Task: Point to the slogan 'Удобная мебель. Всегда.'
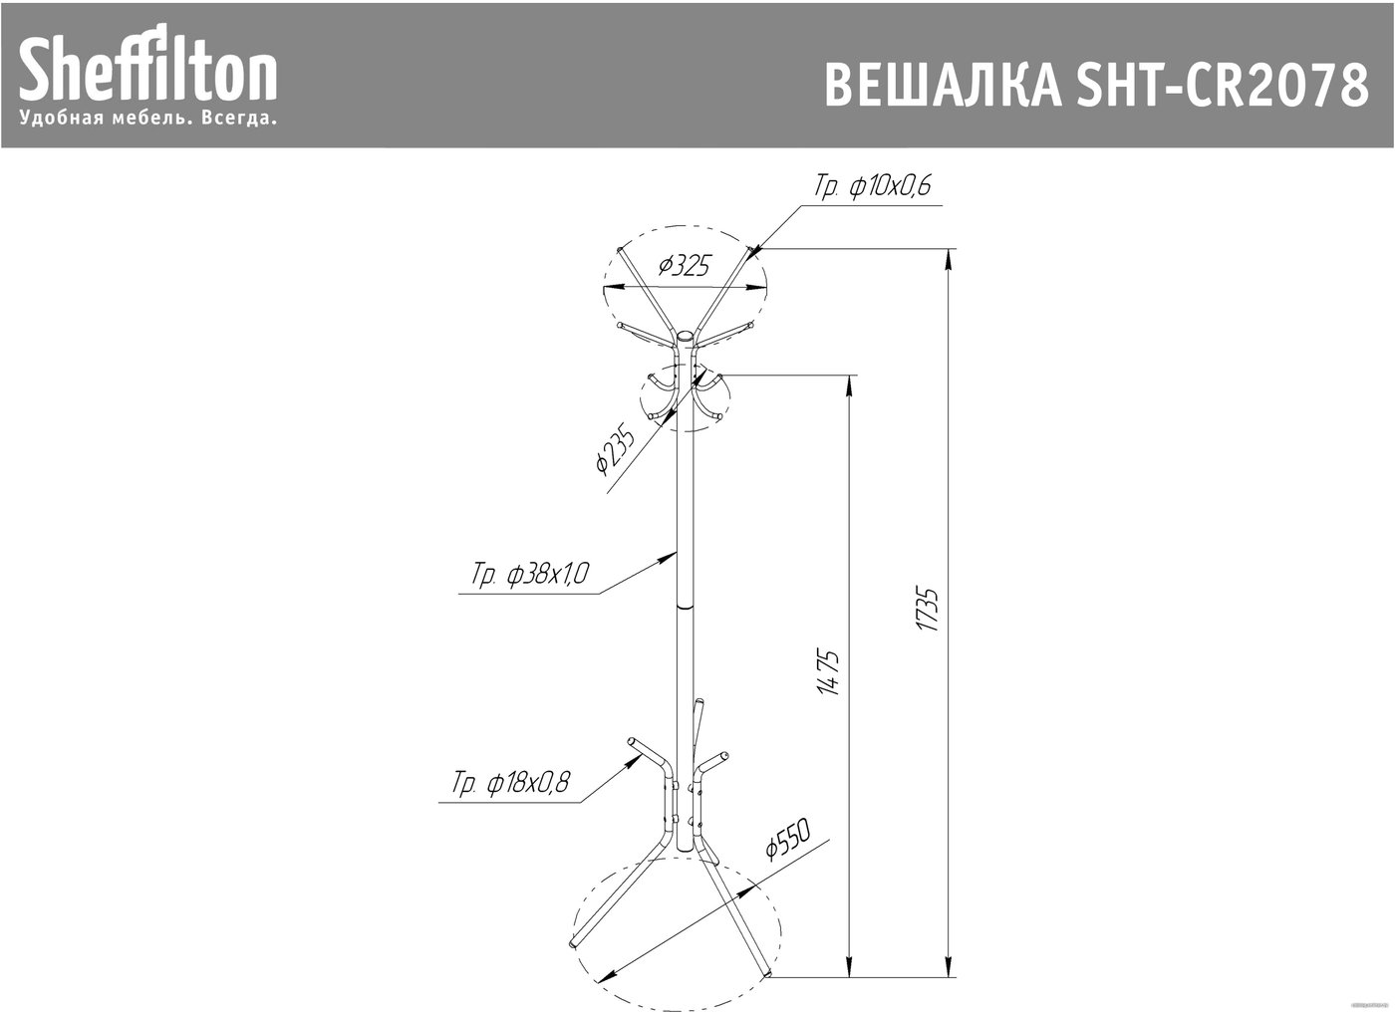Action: click(148, 119)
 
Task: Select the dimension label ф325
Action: click(685, 266)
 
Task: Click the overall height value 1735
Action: click(928, 609)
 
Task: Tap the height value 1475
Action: click(829, 672)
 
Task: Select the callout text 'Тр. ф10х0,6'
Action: click(872, 186)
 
